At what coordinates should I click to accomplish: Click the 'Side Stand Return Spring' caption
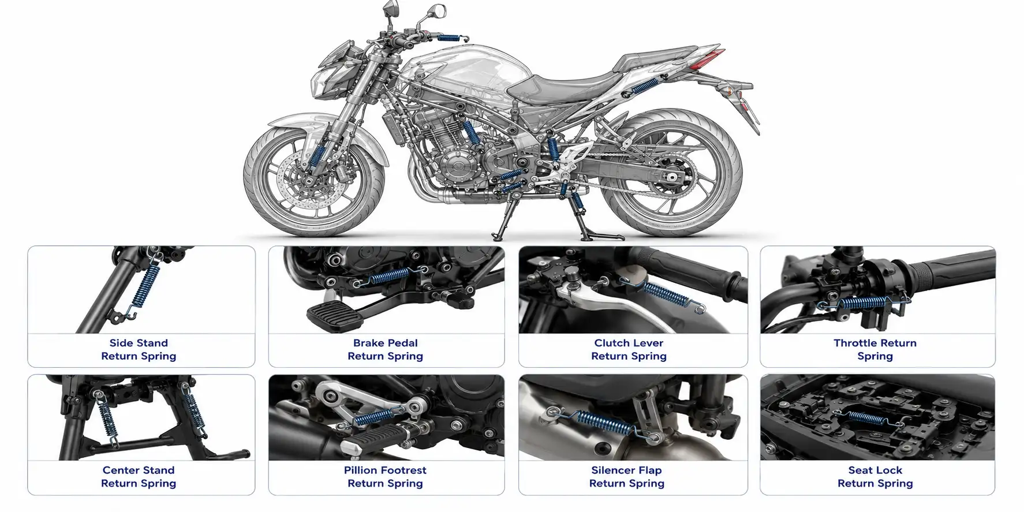(139, 349)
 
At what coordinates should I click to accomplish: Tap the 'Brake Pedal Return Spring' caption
(385, 349)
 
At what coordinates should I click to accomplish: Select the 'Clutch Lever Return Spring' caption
(629, 349)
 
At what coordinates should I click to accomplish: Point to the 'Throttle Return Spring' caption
(875, 349)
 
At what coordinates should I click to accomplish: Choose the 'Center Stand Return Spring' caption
(139, 477)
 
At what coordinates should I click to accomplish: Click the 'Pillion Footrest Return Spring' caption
(385, 477)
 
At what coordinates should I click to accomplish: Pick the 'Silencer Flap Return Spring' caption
(626, 477)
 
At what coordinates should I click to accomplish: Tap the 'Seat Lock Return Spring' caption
(875, 477)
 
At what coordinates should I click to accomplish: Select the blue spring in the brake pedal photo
(389, 276)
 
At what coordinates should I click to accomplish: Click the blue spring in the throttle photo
(864, 303)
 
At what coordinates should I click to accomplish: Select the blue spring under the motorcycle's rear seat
(645, 87)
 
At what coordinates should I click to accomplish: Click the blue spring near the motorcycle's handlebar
(448, 38)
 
